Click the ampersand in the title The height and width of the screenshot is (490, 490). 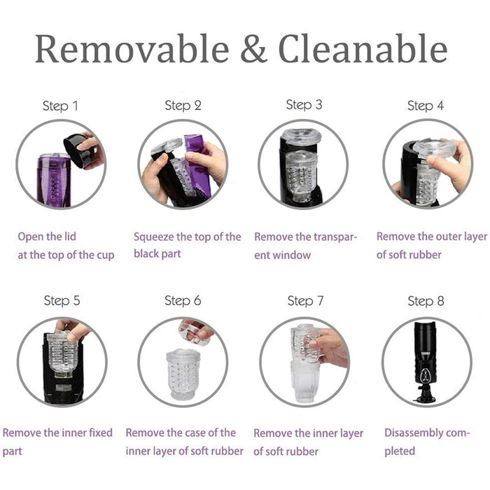pos(253,48)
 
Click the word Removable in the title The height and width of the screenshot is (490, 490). pos(132,48)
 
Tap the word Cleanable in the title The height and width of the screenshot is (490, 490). pos(363,48)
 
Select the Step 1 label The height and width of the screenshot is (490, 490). pos(60,106)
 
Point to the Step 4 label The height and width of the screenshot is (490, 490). pos(426,106)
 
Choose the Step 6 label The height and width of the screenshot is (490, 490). pos(183,300)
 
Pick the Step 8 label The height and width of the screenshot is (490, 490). pos(426,301)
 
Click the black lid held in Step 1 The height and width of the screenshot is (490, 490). pos(78,150)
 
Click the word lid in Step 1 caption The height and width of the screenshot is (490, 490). pos(70,237)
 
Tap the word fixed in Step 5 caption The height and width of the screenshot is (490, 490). pos(101,433)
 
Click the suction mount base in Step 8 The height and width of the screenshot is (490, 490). pos(426,395)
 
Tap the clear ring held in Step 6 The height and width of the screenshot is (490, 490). pos(193,335)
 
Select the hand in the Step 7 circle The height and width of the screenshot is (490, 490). pos(330,347)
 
